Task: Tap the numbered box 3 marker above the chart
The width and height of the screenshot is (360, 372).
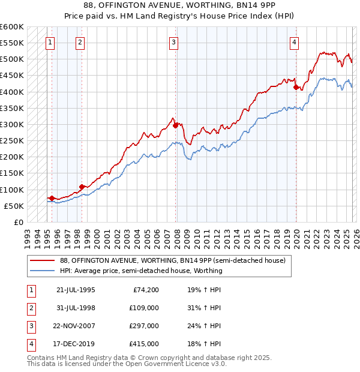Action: point(173,42)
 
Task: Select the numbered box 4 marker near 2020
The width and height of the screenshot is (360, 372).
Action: point(295,42)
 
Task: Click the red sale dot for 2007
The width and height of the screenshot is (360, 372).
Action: point(176,125)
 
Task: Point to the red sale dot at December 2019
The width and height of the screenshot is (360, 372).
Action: point(296,87)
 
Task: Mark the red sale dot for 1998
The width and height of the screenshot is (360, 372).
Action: point(82,187)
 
